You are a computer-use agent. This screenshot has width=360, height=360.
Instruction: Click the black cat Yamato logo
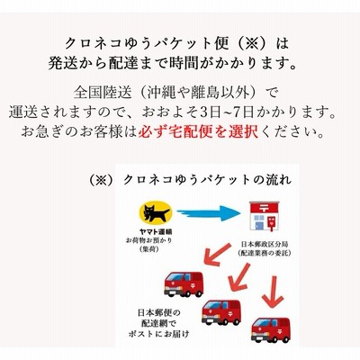click(x=156, y=211)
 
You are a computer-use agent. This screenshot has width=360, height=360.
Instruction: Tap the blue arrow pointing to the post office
click(x=209, y=213)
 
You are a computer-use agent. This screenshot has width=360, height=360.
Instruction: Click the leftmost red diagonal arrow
click(x=217, y=255)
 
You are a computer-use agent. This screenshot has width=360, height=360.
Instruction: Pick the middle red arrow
click(x=239, y=276)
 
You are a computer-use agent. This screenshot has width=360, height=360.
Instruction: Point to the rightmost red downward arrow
click(x=273, y=292)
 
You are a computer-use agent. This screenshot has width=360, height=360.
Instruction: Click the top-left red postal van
click(x=184, y=283)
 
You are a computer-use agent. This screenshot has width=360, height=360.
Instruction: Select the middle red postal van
click(x=221, y=312)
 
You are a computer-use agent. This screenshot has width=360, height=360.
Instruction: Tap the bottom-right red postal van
click(x=271, y=329)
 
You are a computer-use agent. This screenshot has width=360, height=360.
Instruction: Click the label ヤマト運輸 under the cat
click(x=156, y=232)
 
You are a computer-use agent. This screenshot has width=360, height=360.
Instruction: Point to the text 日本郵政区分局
click(x=264, y=245)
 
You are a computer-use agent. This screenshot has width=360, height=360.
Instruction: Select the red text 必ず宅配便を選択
click(x=198, y=131)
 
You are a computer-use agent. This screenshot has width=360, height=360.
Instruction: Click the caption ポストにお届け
click(x=159, y=334)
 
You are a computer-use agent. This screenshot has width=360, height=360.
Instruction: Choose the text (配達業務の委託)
click(x=265, y=253)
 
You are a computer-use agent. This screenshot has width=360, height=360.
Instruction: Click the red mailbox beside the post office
click(x=273, y=224)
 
